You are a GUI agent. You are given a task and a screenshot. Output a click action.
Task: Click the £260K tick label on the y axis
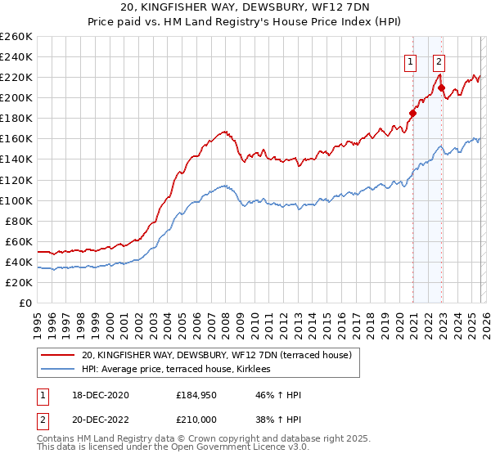click(16, 36)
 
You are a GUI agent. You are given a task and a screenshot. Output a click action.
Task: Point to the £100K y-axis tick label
click(16, 200)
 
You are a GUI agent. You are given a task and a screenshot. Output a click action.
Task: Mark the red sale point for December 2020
click(413, 113)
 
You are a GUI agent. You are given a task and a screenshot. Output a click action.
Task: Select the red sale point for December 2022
click(442, 88)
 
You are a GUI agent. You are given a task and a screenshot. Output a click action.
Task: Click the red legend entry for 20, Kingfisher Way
click(216, 355)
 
